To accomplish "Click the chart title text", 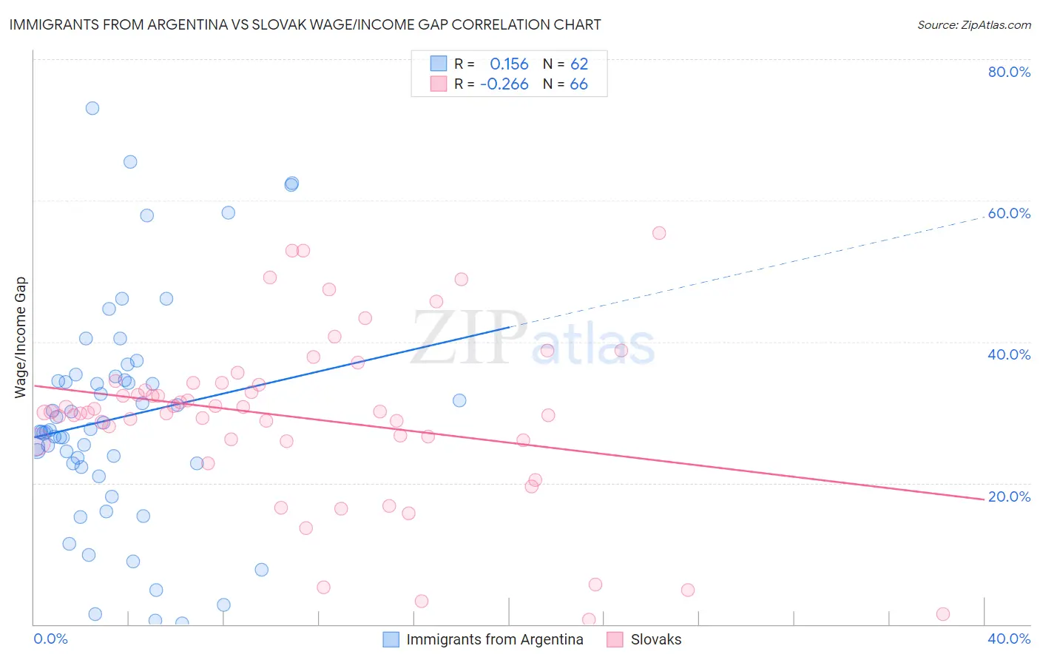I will (x=305, y=24).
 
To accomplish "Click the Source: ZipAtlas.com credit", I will (x=973, y=24).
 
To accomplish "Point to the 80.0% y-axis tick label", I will (x=1009, y=72).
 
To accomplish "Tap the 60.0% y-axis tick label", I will (x=1009, y=213).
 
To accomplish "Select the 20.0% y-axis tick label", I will (x=1009, y=496).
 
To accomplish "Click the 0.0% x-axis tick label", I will (x=50, y=639).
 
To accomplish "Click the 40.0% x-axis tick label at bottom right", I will (x=1009, y=639).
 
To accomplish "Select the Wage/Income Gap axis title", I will (x=21, y=337).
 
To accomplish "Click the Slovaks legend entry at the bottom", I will (x=655, y=639).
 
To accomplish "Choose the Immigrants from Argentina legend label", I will (x=494, y=639).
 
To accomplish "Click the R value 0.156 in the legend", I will (x=509, y=64).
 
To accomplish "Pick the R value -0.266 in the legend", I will (x=504, y=84).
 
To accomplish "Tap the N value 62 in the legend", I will (x=579, y=64).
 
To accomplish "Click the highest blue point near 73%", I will (x=92, y=108).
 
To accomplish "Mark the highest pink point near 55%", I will (x=659, y=233).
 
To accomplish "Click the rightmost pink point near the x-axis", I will (x=943, y=614).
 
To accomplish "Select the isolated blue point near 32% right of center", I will (x=459, y=400).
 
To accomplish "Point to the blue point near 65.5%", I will (x=130, y=162).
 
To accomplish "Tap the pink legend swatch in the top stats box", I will (x=439, y=84).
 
